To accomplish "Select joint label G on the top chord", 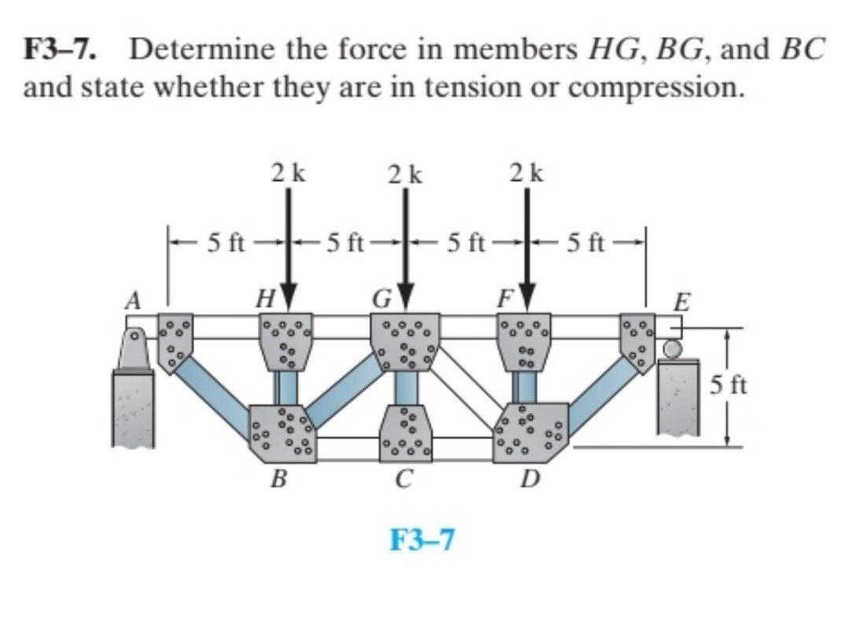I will (383, 300).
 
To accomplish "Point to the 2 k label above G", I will (406, 172).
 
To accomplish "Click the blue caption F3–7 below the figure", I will (423, 540).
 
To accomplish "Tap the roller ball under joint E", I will (672, 347).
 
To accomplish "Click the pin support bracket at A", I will (135, 350).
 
